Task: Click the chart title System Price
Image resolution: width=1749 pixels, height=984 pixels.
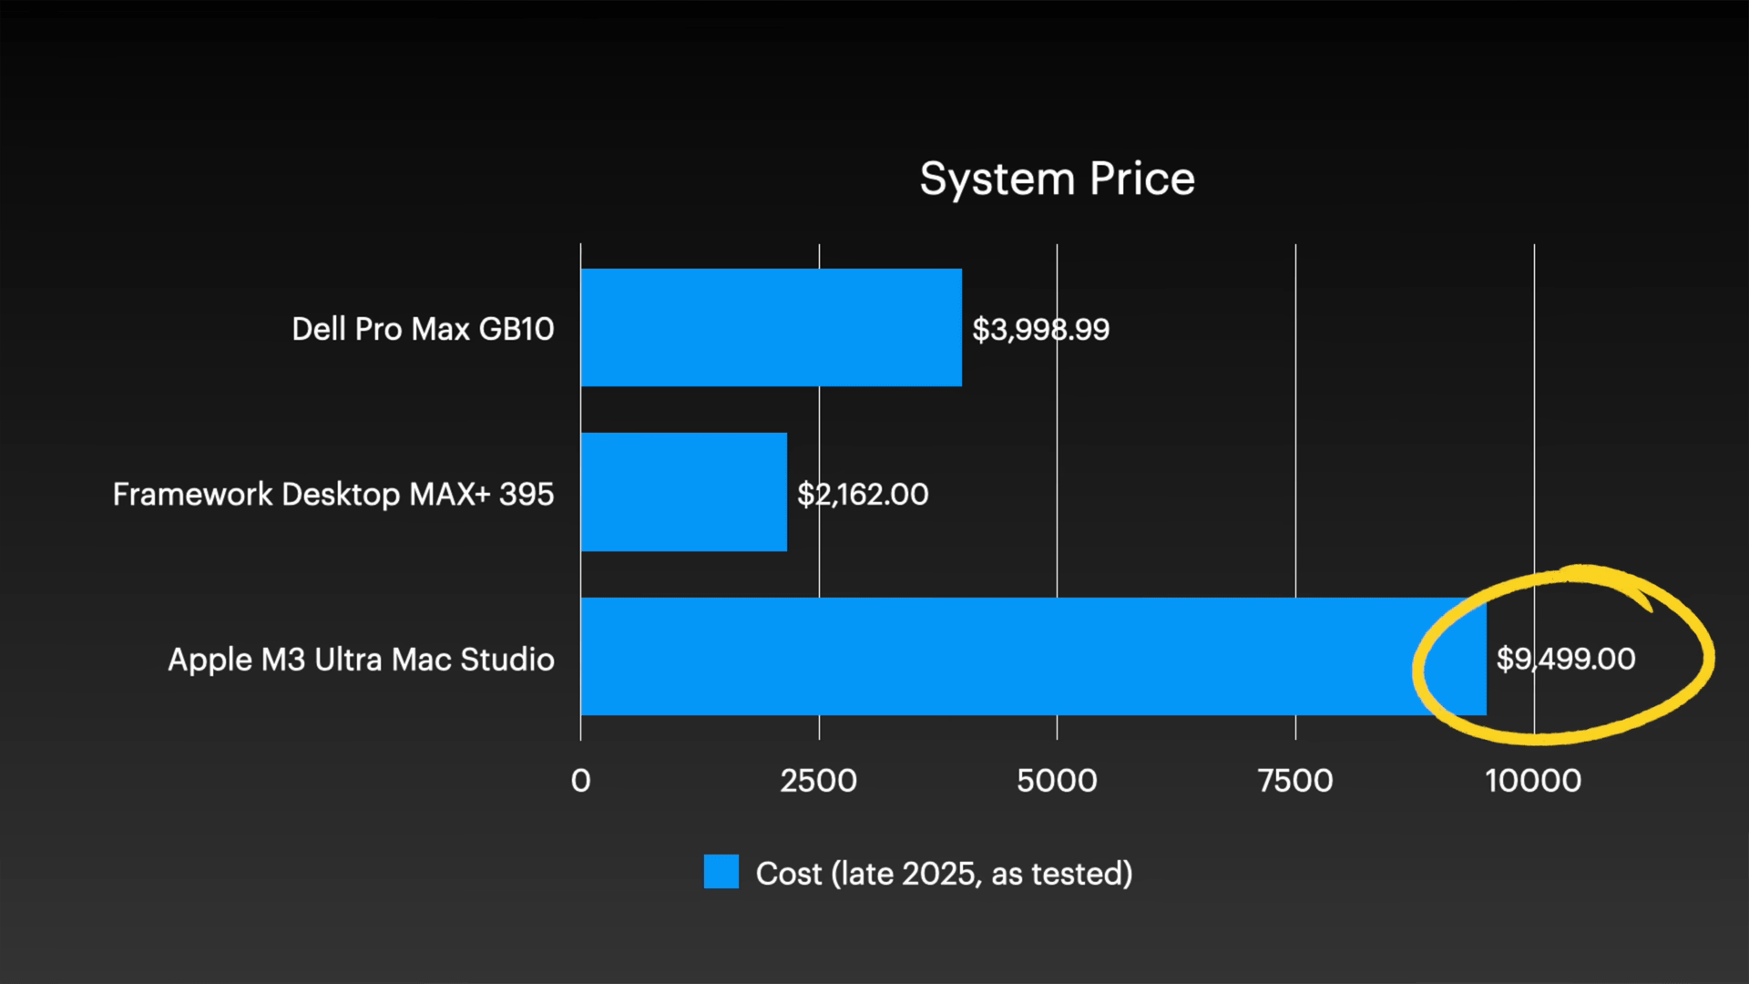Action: pyautogui.click(x=1057, y=179)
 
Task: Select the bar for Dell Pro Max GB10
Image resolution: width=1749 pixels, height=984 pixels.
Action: pyautogui.click(x=771, y=327)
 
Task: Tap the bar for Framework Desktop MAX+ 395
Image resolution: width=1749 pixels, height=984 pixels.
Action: pyautogui.click(x=683, y=492)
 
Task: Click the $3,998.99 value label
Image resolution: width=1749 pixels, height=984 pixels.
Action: pyautogui.click(x=1040, y=329)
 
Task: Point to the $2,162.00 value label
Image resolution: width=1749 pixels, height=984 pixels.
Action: pyautogui.click(x=863, y=494)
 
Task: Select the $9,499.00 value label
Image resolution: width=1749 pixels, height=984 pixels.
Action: pyautogui.click(x=1565, y=658)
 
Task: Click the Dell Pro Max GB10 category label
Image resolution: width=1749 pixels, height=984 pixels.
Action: pyautogui.click(x=423, y=329)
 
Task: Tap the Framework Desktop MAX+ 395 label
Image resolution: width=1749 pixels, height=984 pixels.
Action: pyautogui.click(x=333, y=494)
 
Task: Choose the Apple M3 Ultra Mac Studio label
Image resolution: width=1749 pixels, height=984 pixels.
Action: pyautogui.click(x=361, y=659)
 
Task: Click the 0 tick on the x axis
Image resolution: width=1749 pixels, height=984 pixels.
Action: pyautogui.click(x=580, y=781)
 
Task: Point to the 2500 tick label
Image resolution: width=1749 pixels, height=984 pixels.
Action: pyautogui.click(x=818, y=781)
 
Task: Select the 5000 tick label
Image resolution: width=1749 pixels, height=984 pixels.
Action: pyautogui.click(x=1057, y=781)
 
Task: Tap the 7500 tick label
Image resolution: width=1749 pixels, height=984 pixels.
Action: pyautogui.click(x=1295, y=781)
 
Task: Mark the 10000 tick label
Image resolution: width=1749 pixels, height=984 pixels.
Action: pyautogui.click(x=1533, y=781)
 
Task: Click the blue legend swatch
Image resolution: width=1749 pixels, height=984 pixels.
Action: pyautogui.click(x=721, y=872)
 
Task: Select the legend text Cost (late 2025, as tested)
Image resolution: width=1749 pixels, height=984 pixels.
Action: pyautogui.click(x=944, y=873)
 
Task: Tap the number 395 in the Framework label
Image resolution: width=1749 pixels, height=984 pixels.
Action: pyautogui.click(x=527, y=494)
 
